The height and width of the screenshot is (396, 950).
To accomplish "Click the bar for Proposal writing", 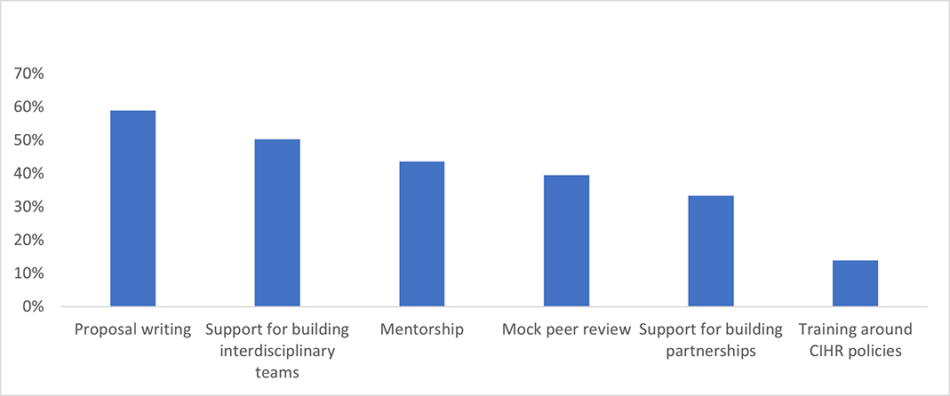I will coord(132,209).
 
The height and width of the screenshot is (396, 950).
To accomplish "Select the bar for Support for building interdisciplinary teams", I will coord(277,223).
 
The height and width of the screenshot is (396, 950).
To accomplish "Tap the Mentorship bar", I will coord(422,234).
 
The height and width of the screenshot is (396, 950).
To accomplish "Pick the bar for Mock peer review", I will coord(566,241).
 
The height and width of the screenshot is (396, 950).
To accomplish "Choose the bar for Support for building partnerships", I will coord(711,251).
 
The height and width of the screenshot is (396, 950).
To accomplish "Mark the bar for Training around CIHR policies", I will coord(856,283).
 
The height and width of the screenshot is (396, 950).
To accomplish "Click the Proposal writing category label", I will coord(133,330).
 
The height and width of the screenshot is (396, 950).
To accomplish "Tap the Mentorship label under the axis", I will coord(422,330).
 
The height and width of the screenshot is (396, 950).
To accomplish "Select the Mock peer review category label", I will coord(566,330).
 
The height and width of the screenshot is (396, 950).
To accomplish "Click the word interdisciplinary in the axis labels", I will coord(277,351).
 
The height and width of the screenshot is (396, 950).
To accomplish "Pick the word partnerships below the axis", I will coord(711,351).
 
